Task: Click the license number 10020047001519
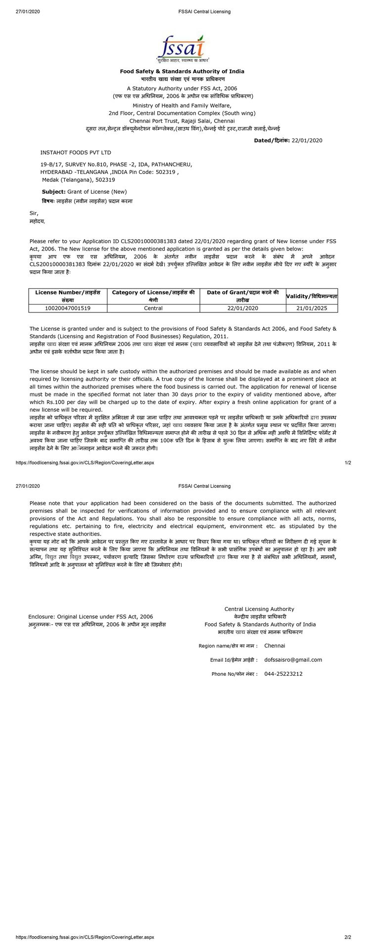tap(68, 308)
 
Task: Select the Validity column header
tap(312, 296)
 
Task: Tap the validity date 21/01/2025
tap(312, 308)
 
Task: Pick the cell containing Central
tap(153, 308)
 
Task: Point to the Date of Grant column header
tap(243, 296)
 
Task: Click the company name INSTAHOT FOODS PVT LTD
tap(76, 153)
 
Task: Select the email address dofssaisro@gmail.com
tap(293, 659)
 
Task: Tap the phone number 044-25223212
tap(283, 674)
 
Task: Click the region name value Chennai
tap(275, 646)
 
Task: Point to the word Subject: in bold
tap(53, 191)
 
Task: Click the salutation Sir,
tap(34, 213)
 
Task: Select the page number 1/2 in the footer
tap(348, 463)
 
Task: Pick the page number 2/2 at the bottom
tap(348, 937)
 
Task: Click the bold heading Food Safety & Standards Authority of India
tap(182, 71)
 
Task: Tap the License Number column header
tap(68, 296)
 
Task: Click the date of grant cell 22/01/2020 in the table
tap(243, 308)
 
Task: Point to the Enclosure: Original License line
tap(91, 616)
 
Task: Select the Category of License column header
tap(153, 296)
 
